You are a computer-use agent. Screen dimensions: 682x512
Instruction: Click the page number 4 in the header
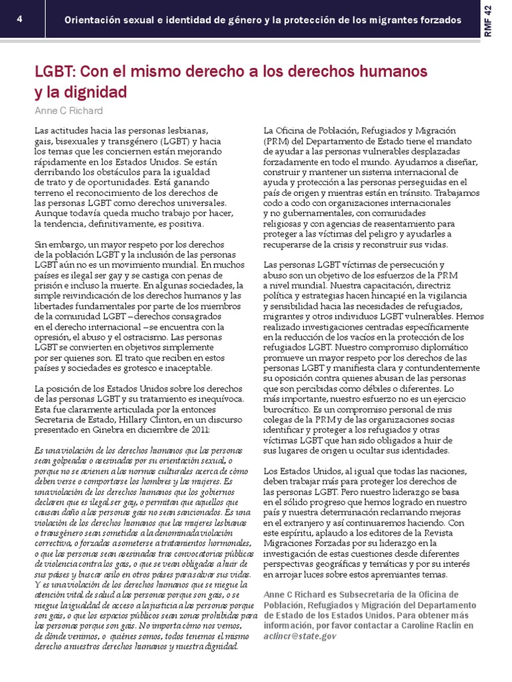coord(20,19)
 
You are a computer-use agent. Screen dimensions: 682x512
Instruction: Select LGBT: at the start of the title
coord(57,71)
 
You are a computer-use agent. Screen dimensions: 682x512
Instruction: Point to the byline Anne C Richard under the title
coord(69,110)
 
